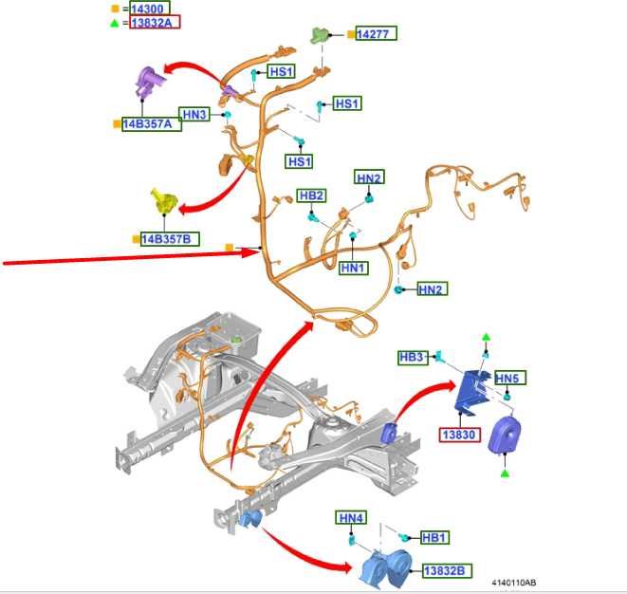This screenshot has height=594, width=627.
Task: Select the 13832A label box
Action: (155, 22)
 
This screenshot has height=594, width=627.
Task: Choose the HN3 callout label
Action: (194, 115)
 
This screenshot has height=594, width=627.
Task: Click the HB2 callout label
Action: (311, 195)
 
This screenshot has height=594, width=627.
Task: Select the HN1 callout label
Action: (353, 268)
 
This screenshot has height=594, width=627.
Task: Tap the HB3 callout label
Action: (414, 357)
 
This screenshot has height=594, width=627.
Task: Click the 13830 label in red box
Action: (460, 435)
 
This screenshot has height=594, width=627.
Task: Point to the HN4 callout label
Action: (351, 517)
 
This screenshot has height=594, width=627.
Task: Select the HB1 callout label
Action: (434, 537)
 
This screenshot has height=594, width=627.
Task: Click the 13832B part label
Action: (447, 571)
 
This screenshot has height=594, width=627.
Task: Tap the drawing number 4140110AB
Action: (514, 583)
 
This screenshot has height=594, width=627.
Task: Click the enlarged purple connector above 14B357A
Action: (148, 82)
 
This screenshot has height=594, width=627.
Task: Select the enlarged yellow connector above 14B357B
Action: (164, 201)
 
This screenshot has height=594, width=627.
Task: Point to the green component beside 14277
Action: (320, 35)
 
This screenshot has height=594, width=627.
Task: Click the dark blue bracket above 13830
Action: (471, 391)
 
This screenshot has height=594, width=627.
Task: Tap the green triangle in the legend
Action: (115, 23)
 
